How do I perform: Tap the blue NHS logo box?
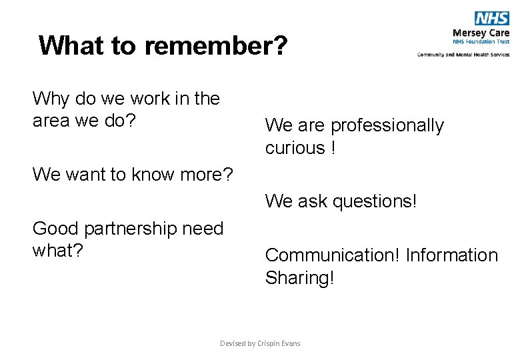(492, 19)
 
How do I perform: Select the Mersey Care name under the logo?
(481, 33)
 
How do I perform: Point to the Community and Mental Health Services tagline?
(463, 55)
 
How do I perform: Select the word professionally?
(387, 126)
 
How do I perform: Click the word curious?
(294, 148)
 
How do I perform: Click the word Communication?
(333, 255)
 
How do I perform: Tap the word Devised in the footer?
(233, 343)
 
